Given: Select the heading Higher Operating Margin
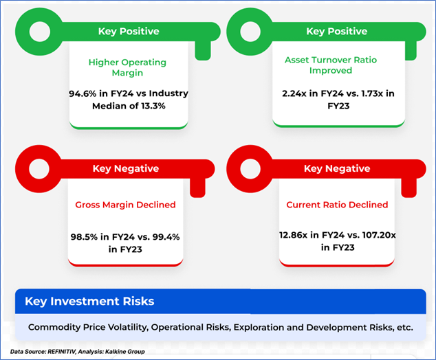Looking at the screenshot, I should click(128, 67).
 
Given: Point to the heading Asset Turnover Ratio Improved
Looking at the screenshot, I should click(330, 65).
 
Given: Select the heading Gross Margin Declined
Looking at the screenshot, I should click(125, 205).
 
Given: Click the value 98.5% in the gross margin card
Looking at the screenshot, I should click(86, 237).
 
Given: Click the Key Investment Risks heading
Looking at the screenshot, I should click(89, 302).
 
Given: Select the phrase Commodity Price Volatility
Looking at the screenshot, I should click(87, 328).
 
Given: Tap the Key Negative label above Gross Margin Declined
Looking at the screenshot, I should click(125, 169).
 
